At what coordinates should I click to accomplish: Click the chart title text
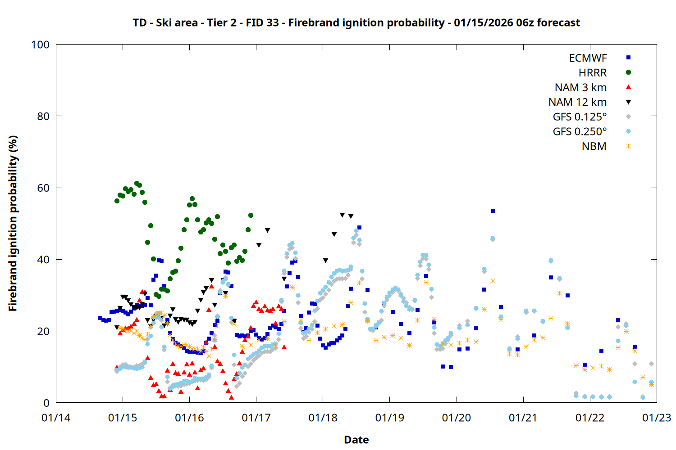point(356,22)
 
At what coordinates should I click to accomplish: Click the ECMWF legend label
point(588,58)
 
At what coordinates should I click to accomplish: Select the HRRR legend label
point(593,73)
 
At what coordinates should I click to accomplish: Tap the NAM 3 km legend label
point(580,87)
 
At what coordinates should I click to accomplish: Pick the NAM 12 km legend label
point(577,102)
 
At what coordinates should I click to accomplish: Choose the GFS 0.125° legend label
point(580,117)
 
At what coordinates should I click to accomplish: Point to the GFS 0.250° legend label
point(580,132)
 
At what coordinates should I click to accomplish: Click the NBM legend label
point(594,146)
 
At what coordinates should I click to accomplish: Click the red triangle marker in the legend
point(628,87)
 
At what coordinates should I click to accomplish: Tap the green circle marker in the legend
point(628,72)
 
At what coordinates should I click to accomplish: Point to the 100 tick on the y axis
point(40,45)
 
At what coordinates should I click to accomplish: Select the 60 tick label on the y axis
point(43,188)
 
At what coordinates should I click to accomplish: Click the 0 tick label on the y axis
point(46,403)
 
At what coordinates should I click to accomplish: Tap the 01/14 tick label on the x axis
point(56,418)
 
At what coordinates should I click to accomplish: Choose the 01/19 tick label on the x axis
point(389,418)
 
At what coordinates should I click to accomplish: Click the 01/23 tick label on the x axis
point(656,418)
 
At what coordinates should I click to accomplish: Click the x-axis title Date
point(356,440)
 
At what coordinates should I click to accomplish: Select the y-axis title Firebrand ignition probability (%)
point(13,223)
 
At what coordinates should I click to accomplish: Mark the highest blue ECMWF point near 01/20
point(493,211)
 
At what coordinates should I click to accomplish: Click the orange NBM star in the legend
point(628,146)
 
